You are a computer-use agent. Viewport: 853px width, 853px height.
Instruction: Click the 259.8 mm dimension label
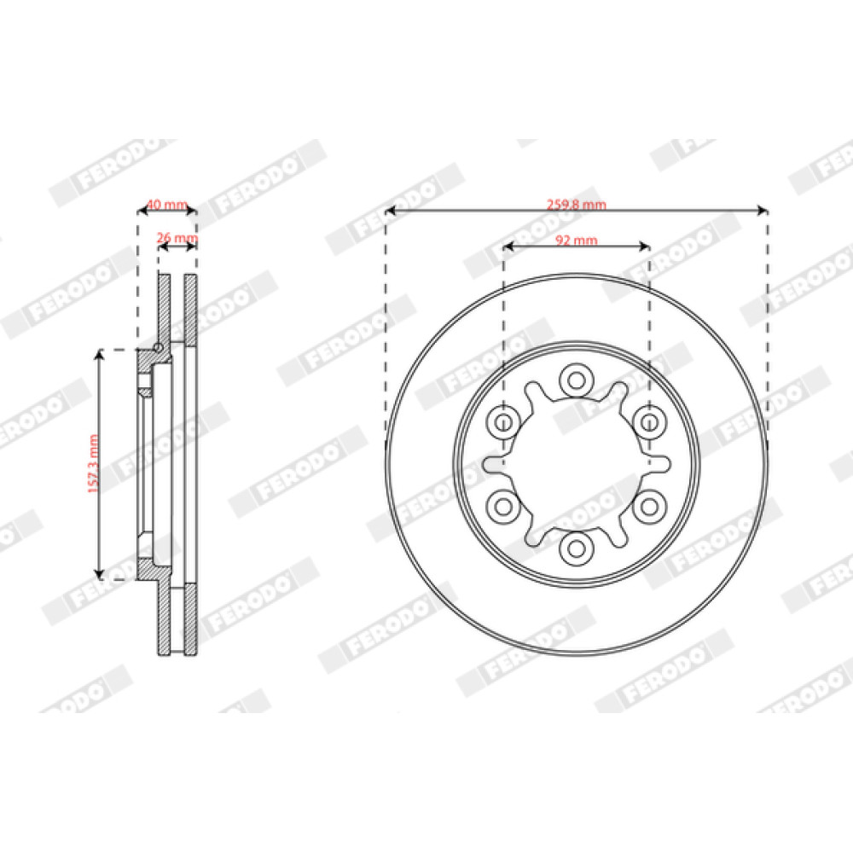576,205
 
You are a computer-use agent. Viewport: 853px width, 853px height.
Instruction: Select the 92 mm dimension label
576,240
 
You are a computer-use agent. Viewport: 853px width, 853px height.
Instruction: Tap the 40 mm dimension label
167,205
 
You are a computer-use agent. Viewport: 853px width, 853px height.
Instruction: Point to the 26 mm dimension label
177,238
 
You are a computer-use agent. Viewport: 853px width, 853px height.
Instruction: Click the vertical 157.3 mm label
94,464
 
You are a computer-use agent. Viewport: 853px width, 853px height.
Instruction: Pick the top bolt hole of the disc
576,380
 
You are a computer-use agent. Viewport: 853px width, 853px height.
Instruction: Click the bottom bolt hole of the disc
576,548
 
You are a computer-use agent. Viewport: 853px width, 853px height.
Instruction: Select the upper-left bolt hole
503,422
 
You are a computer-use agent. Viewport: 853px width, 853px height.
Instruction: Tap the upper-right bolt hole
649,422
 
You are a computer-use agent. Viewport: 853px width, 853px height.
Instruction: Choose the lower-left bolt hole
503,507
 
